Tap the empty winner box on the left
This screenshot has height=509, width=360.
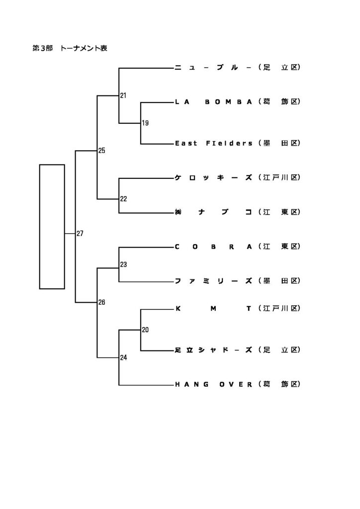pyautogui.click(x=52, y=226)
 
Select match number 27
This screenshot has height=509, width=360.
pyautogui.click(x=80, y=233)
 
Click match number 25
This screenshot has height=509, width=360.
pyautogui.click(x=102, y=150)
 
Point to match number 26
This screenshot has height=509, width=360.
pyautogui.click(x=102, y=302)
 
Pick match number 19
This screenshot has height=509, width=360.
pyautogui.click(x=145, y=123)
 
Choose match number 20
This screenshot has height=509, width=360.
pyautogui.click(x=145, y=329)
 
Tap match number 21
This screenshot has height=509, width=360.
pyautogui.click(x=123, y=95)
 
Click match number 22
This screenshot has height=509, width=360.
pyautogui.click(x=123, y=199)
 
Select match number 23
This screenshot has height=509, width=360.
pyautogui.click(x=123, y=264)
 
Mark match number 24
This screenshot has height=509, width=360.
pyautogui.click(x=123, y=357)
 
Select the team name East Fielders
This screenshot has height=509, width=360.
pyautogui.click(x=214, y=143)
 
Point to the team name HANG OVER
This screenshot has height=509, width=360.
pyautogui.click(x=214, y=384)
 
